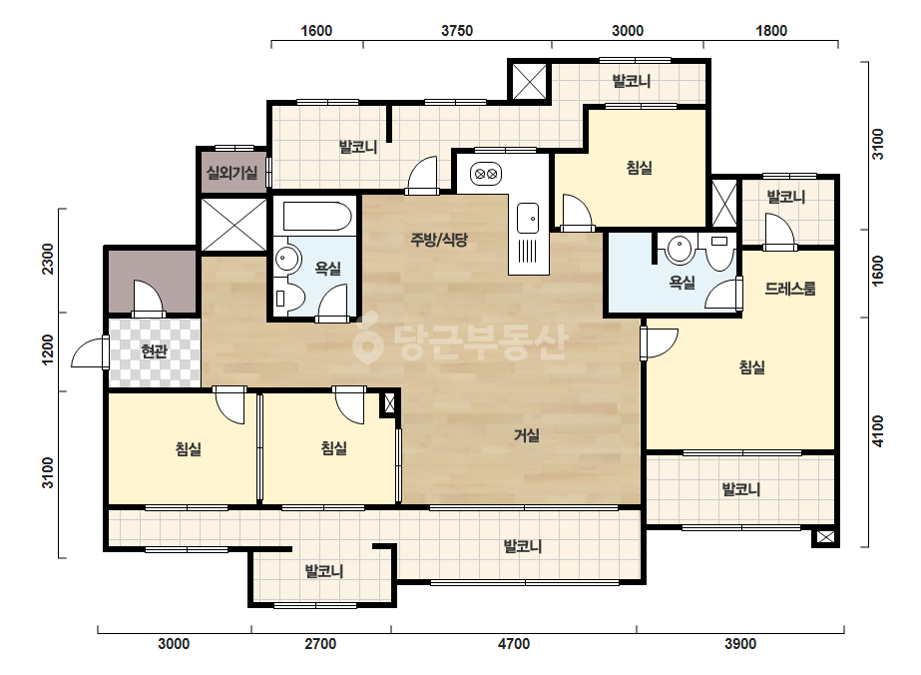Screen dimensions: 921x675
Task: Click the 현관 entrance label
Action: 154,351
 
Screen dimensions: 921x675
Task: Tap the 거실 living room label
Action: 526,435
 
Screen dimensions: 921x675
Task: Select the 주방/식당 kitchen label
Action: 439,240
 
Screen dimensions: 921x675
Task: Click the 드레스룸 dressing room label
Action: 790,289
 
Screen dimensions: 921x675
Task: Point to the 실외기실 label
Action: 232,173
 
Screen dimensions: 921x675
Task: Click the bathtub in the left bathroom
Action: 317,217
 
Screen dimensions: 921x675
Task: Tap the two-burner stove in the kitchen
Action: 486,174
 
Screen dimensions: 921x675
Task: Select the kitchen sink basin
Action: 528,218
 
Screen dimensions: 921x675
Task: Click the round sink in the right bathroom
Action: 680,248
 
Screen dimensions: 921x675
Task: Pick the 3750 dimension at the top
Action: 457,31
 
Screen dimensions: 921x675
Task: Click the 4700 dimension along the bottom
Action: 514,644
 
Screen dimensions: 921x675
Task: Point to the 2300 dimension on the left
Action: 48,259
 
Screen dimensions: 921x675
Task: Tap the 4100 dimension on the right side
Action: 877,431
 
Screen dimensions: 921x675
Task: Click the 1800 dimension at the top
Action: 771,31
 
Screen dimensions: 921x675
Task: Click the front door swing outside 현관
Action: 87,351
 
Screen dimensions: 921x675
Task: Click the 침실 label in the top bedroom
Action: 639,168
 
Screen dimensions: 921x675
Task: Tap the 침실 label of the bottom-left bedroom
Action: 189,449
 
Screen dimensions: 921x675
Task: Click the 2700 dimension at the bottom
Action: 320,644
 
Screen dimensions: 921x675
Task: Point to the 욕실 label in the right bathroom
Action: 682,283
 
